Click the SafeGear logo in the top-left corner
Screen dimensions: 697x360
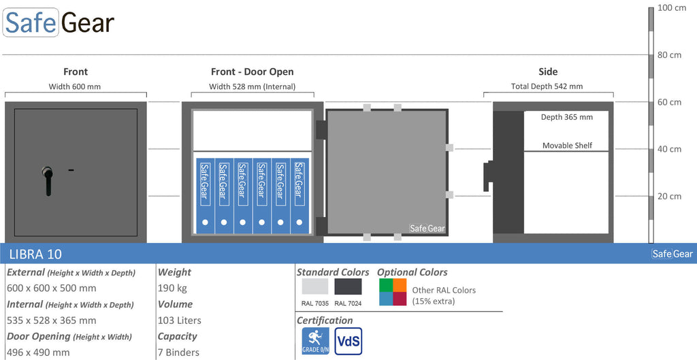(59, 22)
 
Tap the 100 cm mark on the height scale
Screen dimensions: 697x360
(672, 8)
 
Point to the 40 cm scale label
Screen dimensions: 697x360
(669, 149)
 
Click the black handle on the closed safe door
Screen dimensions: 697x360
(48, 180)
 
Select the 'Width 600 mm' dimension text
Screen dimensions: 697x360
(75, 86)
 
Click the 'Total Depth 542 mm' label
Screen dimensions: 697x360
(547, 86)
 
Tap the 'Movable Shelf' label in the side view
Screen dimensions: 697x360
(567, 146)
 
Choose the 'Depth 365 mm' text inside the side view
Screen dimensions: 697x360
(567, 117)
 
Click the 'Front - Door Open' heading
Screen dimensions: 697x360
(252, 71)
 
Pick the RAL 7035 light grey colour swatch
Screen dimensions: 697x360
(314, 287)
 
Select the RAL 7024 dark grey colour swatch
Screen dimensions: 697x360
(348, 287)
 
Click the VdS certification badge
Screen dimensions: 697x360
(348, 341)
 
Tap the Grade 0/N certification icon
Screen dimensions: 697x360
(316, 341)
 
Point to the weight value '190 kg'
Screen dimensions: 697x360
(172, 288)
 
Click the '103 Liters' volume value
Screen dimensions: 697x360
(180, 320)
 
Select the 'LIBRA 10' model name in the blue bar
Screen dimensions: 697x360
(35, 255)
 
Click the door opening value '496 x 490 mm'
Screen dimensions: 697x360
(38, 353)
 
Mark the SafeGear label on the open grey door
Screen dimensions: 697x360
(427, 229)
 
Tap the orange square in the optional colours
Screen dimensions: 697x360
(400, 285)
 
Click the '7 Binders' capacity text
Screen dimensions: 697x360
(179, 353)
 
